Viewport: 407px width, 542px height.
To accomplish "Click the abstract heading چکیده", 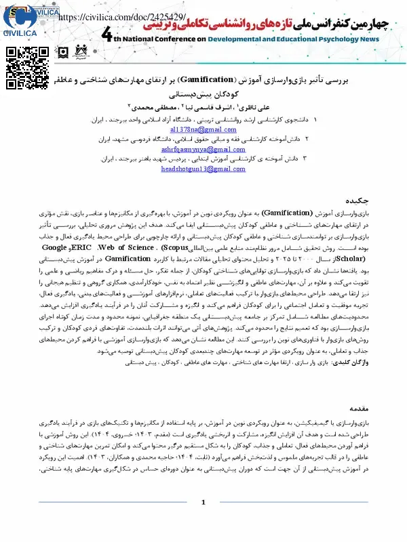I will click(x=360, y=201).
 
